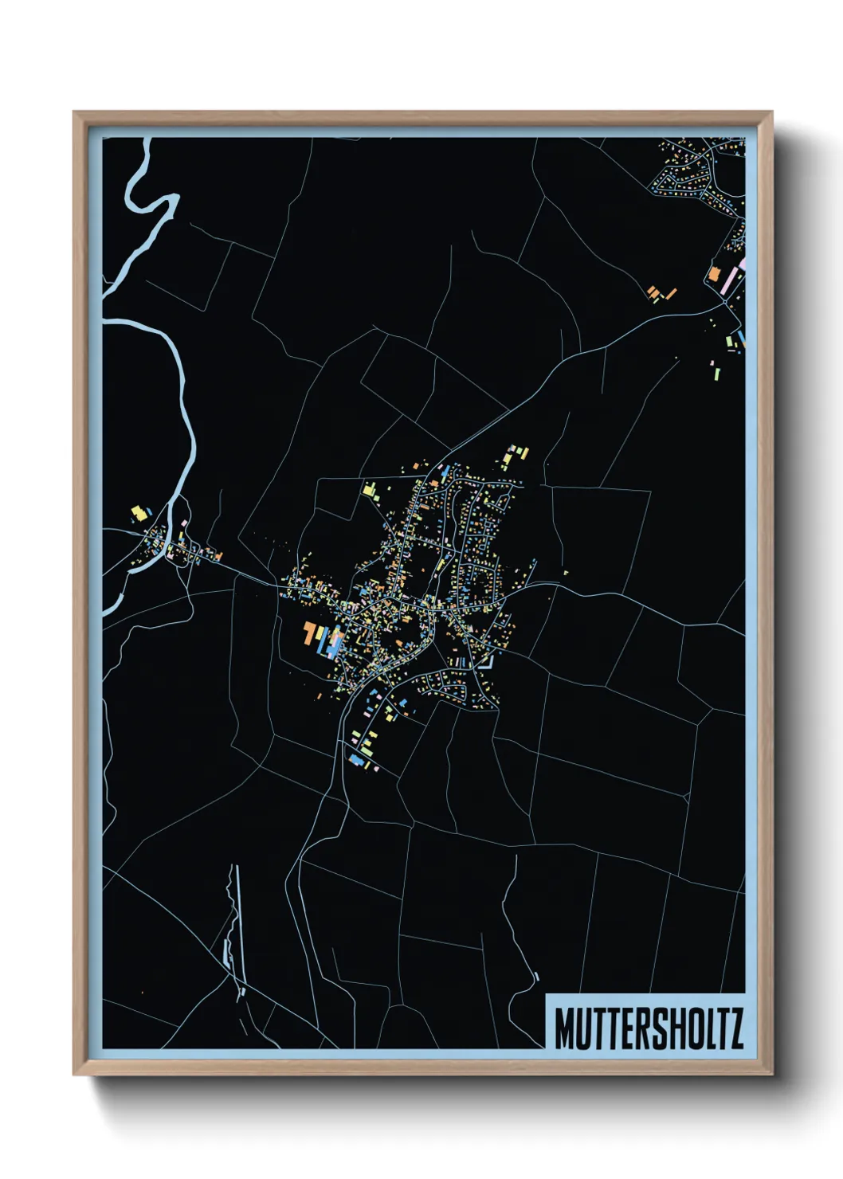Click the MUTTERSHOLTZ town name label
(648, 1028)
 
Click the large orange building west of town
(309, 633)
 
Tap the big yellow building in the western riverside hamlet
(139, 512)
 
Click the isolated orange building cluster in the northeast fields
(659, 293)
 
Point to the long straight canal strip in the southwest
(236, 924)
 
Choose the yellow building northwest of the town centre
(369, 489)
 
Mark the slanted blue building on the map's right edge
(741, 339)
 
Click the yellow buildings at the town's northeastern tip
(514, 456)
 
